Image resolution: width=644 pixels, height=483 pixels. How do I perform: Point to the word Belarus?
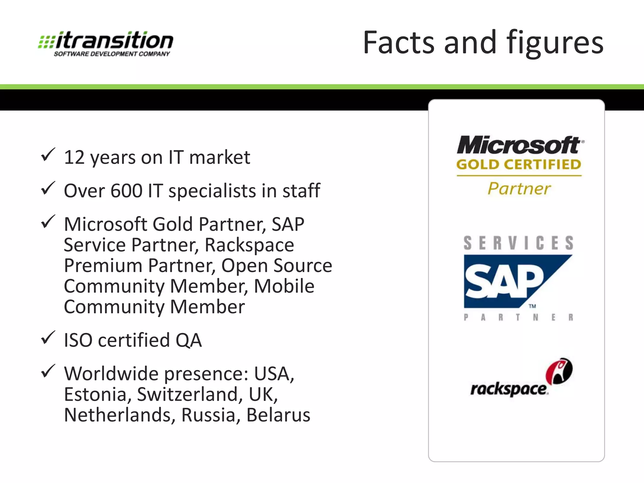pyautogui.click(x=278, y=415)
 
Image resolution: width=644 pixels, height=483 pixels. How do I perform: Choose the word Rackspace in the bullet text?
pyautogui.click(x=249, y=245)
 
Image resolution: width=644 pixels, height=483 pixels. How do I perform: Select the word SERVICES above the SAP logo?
pyautogui.click(x=519, y=243)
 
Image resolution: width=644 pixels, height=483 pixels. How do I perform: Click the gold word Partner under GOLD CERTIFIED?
pyautogui.click(x=519, y=189)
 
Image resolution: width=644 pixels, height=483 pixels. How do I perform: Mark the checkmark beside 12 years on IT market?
pyautogui.click(x=48, y=155)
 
